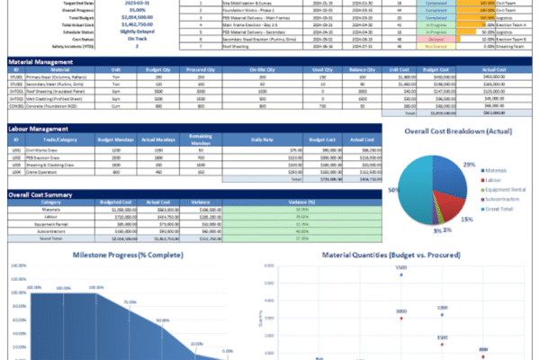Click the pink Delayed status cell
pos(436,40)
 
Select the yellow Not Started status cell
pos(436,47)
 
